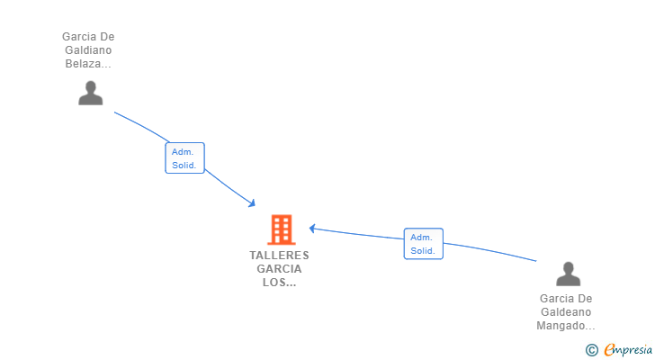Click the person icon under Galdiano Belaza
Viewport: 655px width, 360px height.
pyautogui.click(x=90, y=93)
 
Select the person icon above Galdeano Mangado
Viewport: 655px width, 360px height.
pyautogui.click(x=568, y=273)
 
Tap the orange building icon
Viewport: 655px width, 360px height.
pyautogui.click(x=281, y=229)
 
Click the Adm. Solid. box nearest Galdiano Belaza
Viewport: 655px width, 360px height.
pyautogui.click(x=184, y=158)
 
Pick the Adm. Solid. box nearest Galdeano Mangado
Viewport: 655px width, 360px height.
pyautogui.click(x=423, y=244)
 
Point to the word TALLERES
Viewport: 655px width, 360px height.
pyautogui.click(x=279, y=255)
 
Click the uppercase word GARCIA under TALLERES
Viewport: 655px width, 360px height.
pyautogui.click(x=279, y=268)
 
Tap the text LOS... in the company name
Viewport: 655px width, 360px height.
pyautogui.click(x=279, y=282)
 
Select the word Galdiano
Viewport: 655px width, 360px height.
pyautogui.click(x=87, y=50)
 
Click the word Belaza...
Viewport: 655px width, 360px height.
pyautogui.click(x=84, y=64)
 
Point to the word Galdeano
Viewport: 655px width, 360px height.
pyautogui.click(x=566, y=311)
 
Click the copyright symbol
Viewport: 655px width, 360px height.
pyautogui.click(x=591, y=349)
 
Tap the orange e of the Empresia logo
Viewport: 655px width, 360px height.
pyautogui.click(x=609, y=349)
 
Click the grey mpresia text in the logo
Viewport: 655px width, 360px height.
pyautogui.click(x=633, y=350)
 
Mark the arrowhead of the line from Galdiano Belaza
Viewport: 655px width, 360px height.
pyautogui.click(x=253, y=203)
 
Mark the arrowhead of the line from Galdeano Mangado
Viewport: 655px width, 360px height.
pyautogui.click(x=312, y=228)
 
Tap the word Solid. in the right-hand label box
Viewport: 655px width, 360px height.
pyautogui.click(x=423, y=251)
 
